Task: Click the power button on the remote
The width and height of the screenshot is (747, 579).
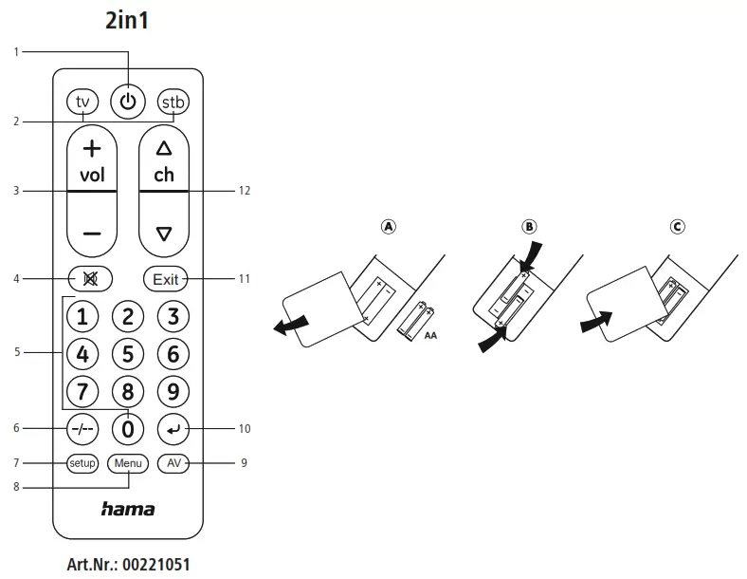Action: pyautogui.click(x=128, y=101)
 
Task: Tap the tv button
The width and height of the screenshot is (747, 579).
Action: pyautogui.click(x=82, y=102)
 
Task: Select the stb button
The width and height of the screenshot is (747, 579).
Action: pyautogui.click(x=173, y=102)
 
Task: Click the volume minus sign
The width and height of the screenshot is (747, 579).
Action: pyautogui.click(x=91, y=233)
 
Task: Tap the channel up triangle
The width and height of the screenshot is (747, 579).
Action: pyautogui.click(x=164, y=148)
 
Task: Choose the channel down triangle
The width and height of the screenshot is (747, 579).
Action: pyautogui.click(x=164, y=233)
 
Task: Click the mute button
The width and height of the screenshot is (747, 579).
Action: pyautogui.click(x=91, y=279)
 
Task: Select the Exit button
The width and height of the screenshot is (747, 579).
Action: pyautogui.click(x=166, y=279)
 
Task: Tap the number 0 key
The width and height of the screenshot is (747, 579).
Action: pyautogui.click(x=128, y=429)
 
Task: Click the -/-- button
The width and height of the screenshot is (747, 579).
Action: pyautogui.click(x=83, y=429)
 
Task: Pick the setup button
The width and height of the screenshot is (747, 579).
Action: pyautogui.click(x=82, y=463)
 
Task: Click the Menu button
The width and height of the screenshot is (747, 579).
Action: pyautogui.click(x=128, y=463)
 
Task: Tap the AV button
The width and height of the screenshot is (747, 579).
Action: pyautogui.click(x=173, y=463)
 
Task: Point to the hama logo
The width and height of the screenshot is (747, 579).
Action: pyautogui.click(x=128, y=510)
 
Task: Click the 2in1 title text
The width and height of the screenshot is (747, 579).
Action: pyautogui.click(x=127, y=21)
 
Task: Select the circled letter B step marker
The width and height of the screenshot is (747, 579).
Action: pyautogui.click(x=529, y=227)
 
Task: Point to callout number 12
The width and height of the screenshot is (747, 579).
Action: pyautogui.click(x=245, y=191)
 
